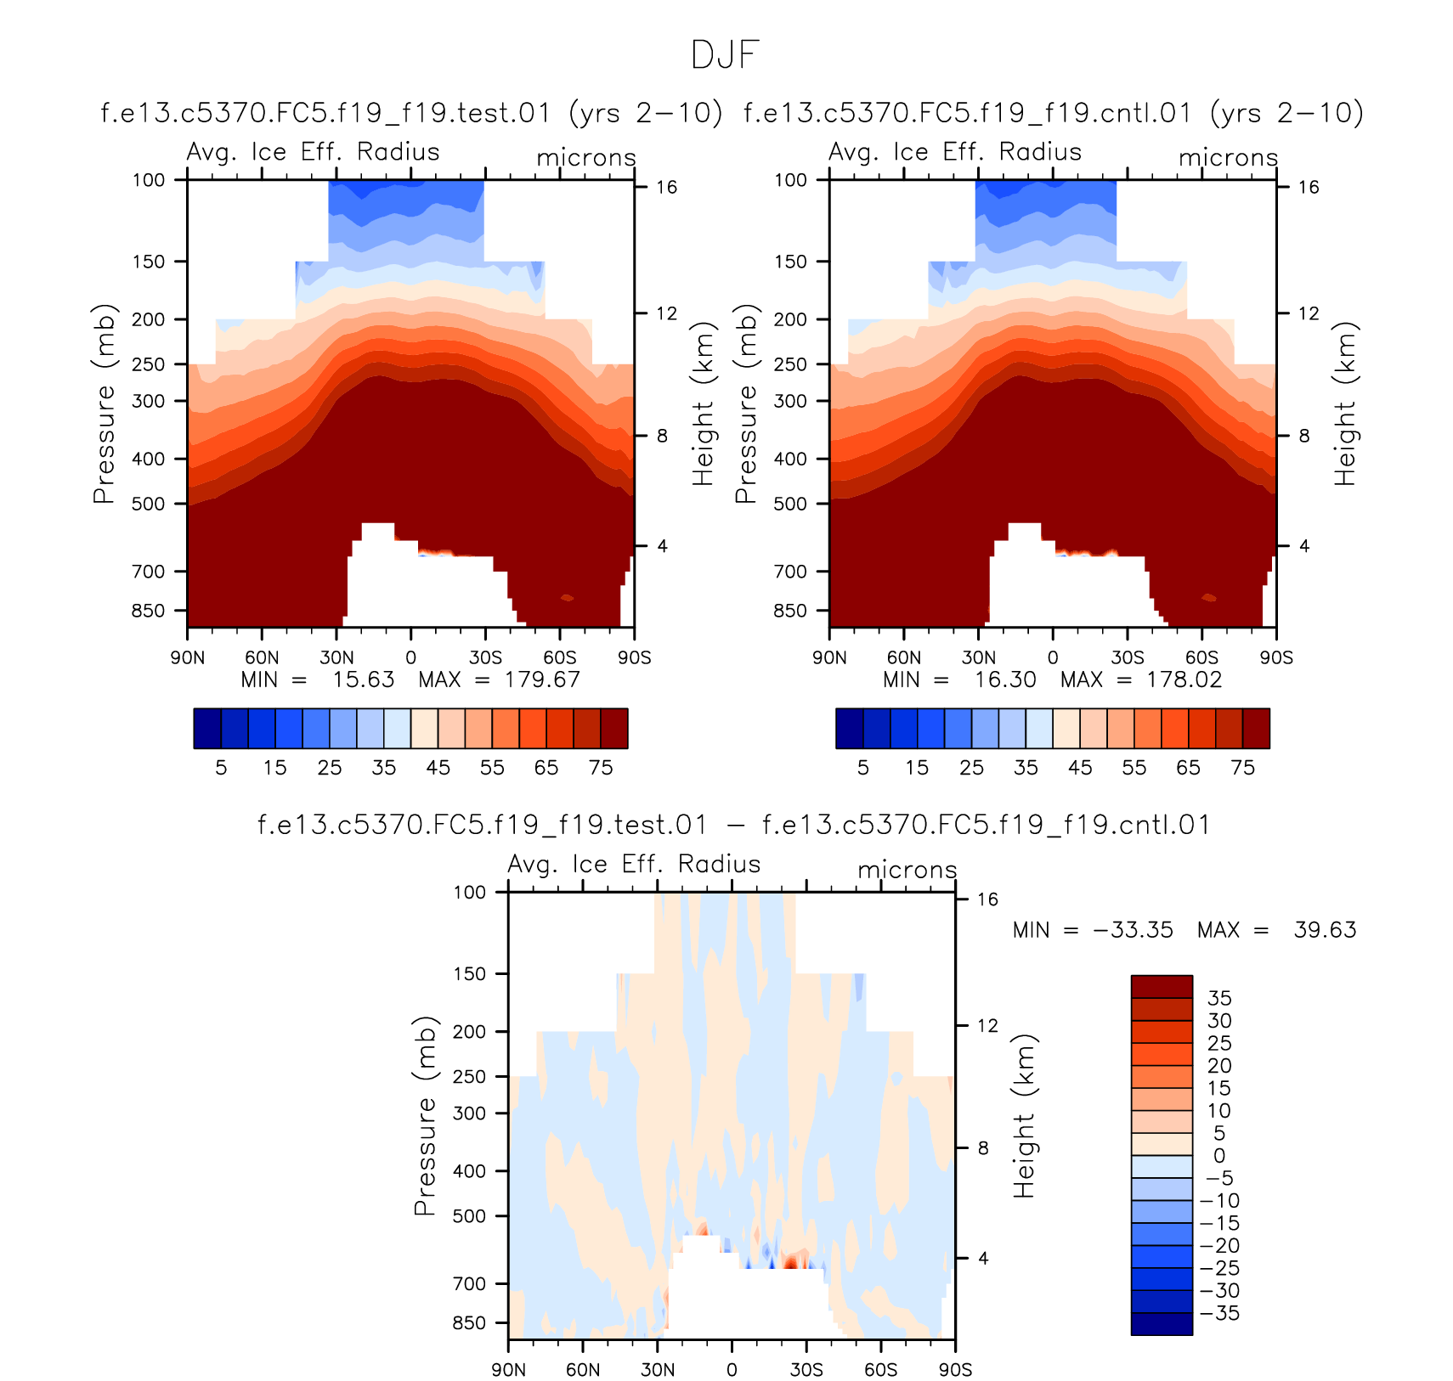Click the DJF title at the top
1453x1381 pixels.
[x=725, y=55]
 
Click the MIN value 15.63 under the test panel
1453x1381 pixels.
[x=364, y=680]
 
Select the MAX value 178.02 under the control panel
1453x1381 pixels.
[x=1184, y=680]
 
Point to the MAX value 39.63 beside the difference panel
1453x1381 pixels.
[x=1325, y=930]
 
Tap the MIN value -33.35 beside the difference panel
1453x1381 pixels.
[x=1133, y=930]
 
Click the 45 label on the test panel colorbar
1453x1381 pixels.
[x=438, y=768]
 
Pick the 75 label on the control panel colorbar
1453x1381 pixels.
[x=1242, y=768]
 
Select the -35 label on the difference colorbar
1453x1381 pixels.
[x=1219, y=1313]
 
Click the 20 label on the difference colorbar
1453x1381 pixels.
[x=1219, y=1066]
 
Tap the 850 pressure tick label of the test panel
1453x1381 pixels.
[x=148, y=611]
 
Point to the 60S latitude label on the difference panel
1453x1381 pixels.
[x=880, y=1370]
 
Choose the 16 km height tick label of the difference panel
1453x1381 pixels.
[x=987, y=899]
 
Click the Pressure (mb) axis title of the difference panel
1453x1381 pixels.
[x=425, y=1115]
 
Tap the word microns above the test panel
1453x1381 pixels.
[x=586, y=158]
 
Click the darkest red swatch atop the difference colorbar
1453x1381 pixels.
[x=1161, y=986]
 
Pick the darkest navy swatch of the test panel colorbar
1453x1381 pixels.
[x=207, y=728]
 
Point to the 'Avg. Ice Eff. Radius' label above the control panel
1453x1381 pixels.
[x=955, y=152]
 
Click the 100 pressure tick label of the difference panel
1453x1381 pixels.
[x=469, y=892]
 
